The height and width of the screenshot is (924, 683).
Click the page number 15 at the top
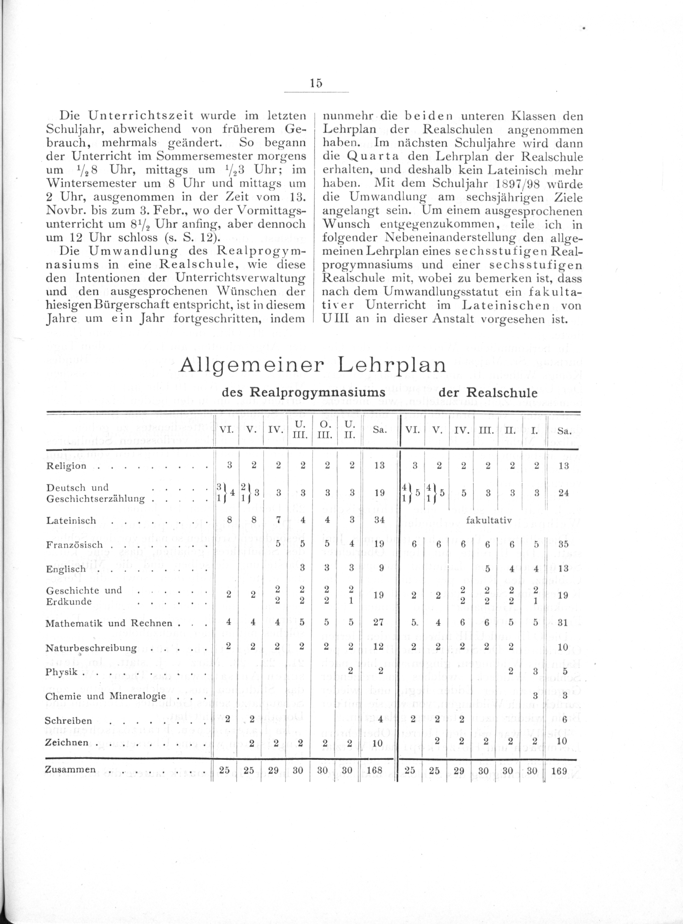tap(316, 83)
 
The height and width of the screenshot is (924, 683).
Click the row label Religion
tap(66, 466)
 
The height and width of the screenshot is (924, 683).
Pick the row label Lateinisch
tap(71, 521)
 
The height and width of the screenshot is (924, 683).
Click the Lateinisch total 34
tap(379, 520)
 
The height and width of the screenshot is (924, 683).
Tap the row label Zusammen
tap(70, 769)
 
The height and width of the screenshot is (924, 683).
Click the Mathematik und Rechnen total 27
tap(379, 623)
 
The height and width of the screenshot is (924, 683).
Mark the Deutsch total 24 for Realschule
tap(563, 493)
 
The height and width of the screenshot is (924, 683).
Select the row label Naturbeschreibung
tap(91, 648)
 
